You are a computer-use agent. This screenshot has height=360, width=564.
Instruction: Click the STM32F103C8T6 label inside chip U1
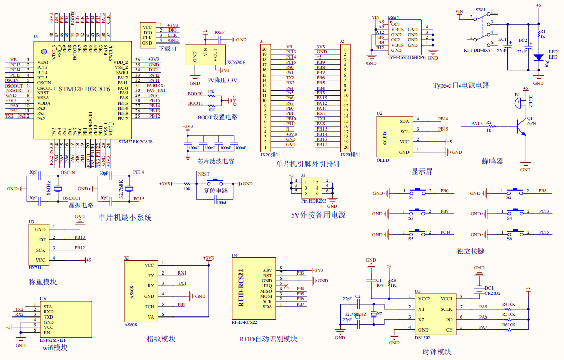pyautogui.click(x=84, y=89)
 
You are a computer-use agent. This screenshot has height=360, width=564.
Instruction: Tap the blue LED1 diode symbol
pyautogui.click(x=539, y=57)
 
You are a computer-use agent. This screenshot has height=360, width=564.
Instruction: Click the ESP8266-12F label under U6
pyautogui.click(x=53, y=340)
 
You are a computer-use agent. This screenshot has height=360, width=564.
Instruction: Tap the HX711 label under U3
pyautogui.click(x=35, y=268)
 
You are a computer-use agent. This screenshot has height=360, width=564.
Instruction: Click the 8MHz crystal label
pyautogui.click(x=48, y=189)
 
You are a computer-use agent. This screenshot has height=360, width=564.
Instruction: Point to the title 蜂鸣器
pyautogui.click(x=492, y=161)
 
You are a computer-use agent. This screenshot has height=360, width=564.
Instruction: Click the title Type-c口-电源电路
pyautogui.click(x=461, y=85)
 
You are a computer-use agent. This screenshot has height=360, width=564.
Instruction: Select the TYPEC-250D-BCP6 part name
pyautogui.click(x=406, y=57)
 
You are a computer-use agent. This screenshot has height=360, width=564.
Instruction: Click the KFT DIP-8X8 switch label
pyautogui.click(x=477, y=50)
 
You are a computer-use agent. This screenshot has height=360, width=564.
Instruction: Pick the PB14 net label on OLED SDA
pyautogui.click(x=443, y=119)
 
